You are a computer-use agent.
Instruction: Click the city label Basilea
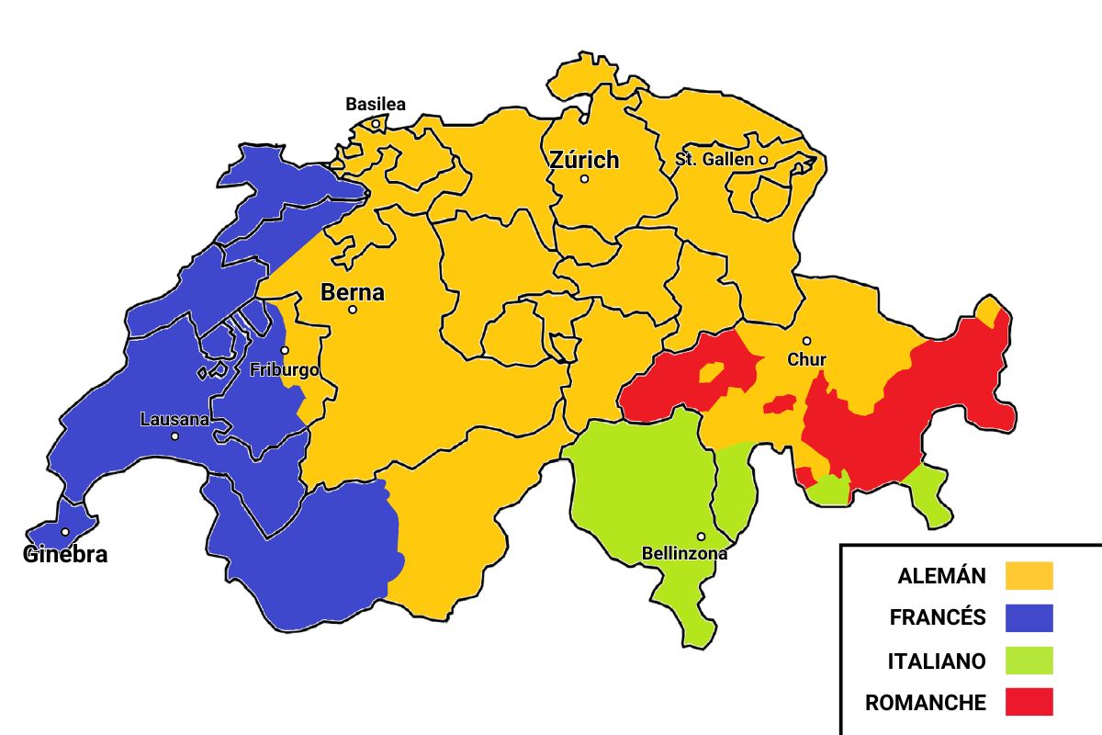click(x=375, y=104)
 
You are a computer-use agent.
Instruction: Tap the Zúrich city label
click(x=584, y=160)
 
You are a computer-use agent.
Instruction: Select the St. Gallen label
click(x=714, y=159)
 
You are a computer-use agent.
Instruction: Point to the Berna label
click(x=352, y=293)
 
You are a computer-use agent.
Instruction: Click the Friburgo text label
click(x=285, y=370)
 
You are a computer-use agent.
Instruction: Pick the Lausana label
click(x=174, y=420)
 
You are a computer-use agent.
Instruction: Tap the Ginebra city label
click(x=64, y=554)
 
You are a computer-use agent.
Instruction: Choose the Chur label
click(x=806, y=359)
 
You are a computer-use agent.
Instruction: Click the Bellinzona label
click(x=684, y=553)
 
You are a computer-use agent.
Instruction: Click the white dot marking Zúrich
click(x=584, y=179)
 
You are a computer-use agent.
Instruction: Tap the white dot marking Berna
click(x=352, y=310)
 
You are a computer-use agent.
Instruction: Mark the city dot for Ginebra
click(x=64, y=532)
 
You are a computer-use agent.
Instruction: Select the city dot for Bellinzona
click(x=701, y=537)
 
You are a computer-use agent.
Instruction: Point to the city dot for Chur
click(x=806, y=341)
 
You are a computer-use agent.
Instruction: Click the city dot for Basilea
click(x=375, y=123)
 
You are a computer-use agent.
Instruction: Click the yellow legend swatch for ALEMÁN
click(x=1029, y=576)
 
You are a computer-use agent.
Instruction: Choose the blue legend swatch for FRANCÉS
click(x=1029, y=618)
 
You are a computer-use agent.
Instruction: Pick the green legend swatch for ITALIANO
click(x=1029, y=661)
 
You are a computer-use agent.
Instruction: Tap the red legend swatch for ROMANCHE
click(x=1029, y=703)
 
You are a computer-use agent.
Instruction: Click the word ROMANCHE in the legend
click(x=925, y=704)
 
